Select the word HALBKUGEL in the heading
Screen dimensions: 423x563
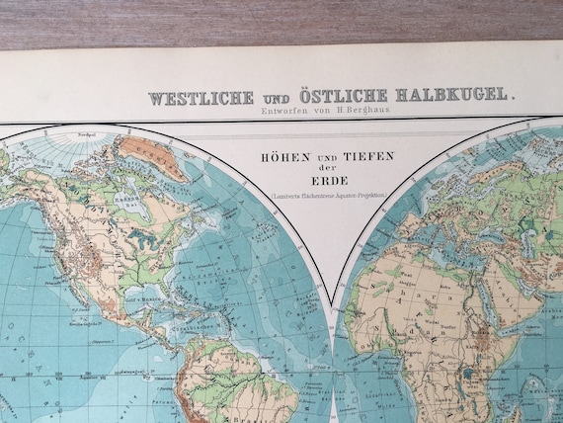click(454, 96)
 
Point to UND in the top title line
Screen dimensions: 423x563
click(277, 98)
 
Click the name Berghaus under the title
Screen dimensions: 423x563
click(372, 116)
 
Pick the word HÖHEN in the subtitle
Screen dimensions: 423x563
click(280, 156)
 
